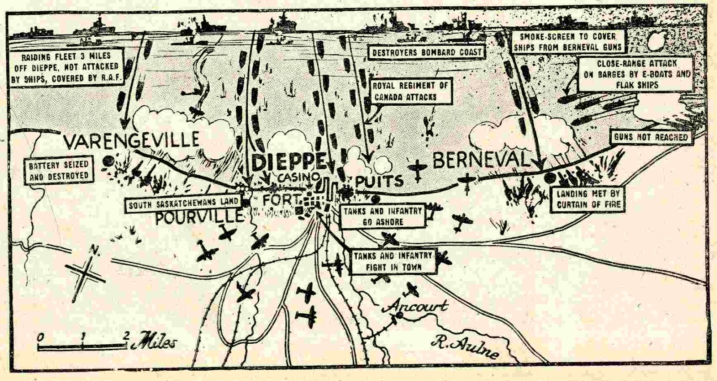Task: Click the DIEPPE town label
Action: (x=289, y=162)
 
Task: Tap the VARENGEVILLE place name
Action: (x=131, y=140)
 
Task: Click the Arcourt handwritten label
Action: (x=417, y=306)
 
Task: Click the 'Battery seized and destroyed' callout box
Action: (x=59, y=171)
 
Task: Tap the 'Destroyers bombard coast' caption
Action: (x=427, y=52)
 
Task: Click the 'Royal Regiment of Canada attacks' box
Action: (x=410, y=91)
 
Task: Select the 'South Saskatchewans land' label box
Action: (x=183, y=205)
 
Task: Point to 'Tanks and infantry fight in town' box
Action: (x=393, y=261)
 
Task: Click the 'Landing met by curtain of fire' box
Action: (x=588, y=199)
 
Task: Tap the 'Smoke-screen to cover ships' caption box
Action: (x=567, y=42)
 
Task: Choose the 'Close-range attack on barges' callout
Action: (x=636, y=74)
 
